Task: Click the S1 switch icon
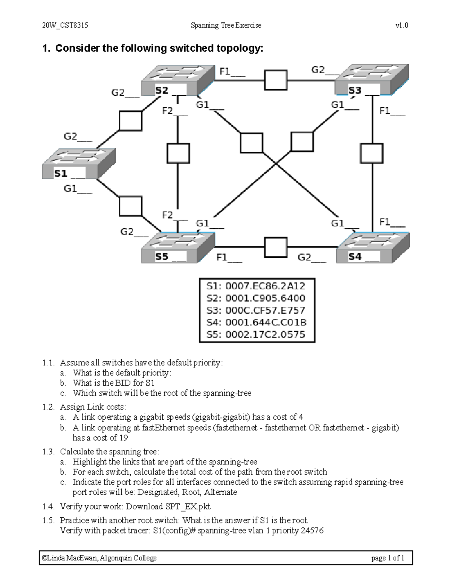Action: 79,163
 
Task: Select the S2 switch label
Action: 162,91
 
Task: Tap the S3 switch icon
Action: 371,79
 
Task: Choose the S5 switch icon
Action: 178,247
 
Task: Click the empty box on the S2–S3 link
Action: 276,80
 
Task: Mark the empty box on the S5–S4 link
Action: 276,248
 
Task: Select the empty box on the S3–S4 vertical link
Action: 372,154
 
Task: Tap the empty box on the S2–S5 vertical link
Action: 178,153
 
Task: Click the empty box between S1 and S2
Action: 131,121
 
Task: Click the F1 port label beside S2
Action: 225,71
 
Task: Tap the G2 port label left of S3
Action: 318,70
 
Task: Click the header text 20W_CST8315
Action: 65,25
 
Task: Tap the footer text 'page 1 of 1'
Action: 388,558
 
